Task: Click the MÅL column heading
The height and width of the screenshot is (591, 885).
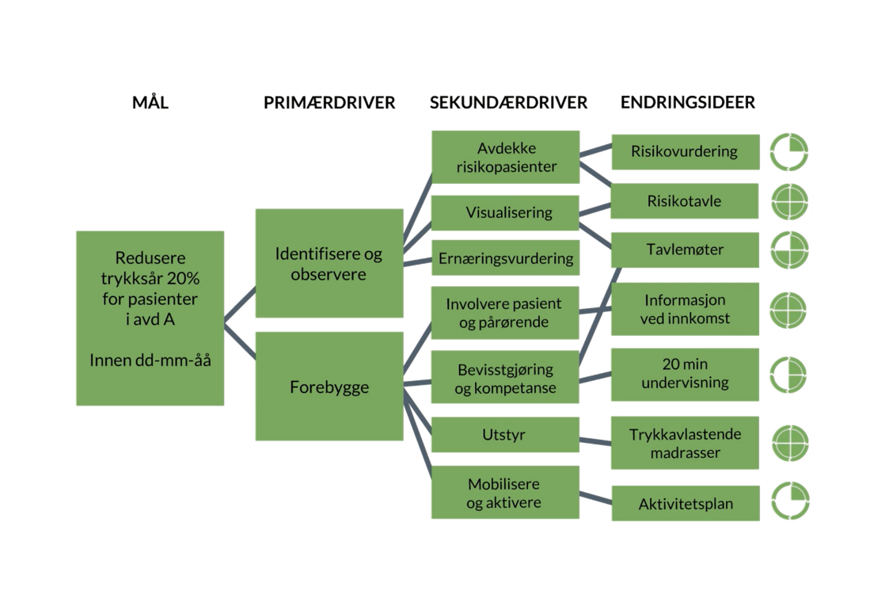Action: (x=150, y=102)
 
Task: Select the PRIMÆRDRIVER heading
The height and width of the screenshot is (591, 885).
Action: (x=329, y=103)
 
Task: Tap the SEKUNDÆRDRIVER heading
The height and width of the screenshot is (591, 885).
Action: (x=508, y=103)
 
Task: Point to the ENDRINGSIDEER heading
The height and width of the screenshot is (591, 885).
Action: (x=687, y=103)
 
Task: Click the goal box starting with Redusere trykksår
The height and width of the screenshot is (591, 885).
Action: (x=150, y=318)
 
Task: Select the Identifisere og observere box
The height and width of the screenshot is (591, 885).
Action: (x=329, y=264)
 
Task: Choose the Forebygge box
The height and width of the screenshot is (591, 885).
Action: (x=329, y=387)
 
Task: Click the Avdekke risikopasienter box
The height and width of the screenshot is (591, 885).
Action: (x=505, y=157)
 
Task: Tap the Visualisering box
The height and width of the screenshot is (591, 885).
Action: (x=505, y=212)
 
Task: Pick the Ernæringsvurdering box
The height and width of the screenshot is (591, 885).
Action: (x=505, y=258)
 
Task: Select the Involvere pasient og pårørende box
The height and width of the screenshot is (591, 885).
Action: (x=505, y=313)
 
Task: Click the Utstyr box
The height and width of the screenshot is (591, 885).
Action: (x=505, y=435)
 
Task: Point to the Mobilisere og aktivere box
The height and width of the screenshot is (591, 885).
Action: (x=505, y=493)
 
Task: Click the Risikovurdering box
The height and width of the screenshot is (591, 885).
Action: (x=685, y=151)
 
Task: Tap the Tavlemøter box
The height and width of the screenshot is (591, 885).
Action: (x=685, y=250)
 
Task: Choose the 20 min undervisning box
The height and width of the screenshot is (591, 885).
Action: (x=685, y=374)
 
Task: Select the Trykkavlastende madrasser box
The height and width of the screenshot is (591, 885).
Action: (x=685, y=443)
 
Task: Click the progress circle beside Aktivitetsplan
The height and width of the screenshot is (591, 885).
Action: (x=790, y=501)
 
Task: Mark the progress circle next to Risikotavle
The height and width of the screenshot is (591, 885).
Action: (x=790, y=201)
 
